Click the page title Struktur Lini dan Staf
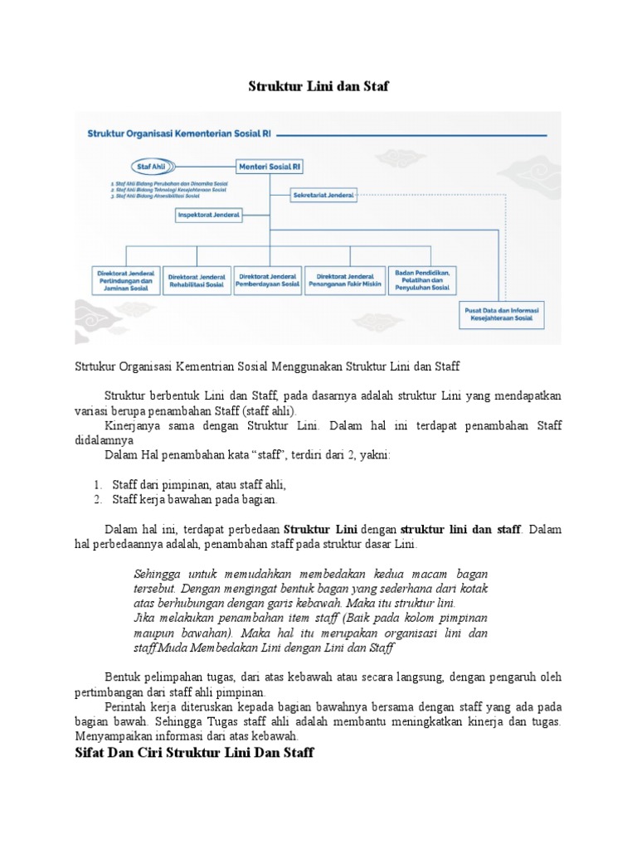318,85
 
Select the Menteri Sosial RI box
270,166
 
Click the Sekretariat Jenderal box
323,196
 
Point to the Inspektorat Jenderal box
209,215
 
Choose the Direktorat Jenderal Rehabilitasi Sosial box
197,280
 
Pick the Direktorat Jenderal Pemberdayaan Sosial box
268,280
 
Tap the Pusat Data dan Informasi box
500,316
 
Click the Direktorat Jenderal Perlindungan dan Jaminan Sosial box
125,280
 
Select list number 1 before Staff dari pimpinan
98,484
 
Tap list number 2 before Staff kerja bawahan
98,500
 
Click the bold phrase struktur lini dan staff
461,529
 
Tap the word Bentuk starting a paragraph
123,677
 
